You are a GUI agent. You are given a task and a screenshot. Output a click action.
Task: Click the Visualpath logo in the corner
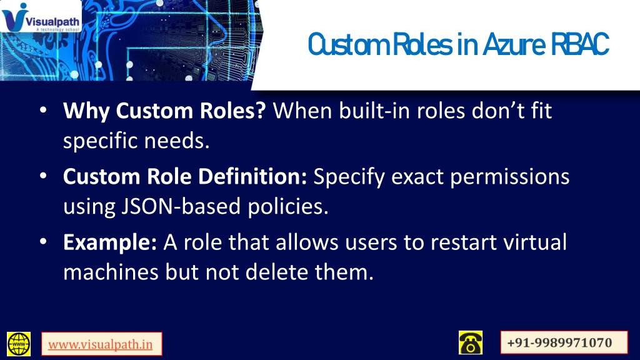41,16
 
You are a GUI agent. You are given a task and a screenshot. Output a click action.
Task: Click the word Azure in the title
514,44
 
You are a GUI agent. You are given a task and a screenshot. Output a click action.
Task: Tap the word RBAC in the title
580,44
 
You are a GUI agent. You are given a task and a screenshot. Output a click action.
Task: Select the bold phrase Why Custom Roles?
164,111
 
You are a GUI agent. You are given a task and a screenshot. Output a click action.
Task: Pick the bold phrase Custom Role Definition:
185,176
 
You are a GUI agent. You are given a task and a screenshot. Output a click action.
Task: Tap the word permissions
510,177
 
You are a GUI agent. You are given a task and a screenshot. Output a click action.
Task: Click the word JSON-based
181,206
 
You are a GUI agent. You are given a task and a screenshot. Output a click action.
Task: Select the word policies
288,206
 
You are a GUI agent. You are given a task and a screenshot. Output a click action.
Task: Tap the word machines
111,272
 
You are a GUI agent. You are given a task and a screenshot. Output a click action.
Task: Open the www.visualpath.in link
101,344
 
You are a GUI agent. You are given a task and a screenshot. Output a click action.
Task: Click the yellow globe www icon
19,344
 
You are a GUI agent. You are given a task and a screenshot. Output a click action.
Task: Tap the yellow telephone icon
471,342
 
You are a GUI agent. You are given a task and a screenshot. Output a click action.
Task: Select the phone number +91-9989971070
559,342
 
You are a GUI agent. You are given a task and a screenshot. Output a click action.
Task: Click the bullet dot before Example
43,241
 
